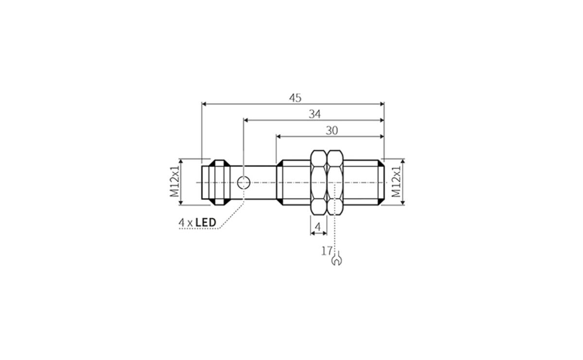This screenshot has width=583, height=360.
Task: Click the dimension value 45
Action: (x=295, y=98)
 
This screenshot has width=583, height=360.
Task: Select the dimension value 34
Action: (x=314, y=114)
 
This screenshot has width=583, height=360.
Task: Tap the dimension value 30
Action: (x=332, y=130)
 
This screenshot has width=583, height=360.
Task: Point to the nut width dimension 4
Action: (x=318, y=226)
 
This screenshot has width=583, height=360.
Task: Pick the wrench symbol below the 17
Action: (x=336, y=261)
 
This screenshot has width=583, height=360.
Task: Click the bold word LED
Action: (x=206, y=223)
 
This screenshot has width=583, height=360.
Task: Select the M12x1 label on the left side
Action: (x=174, y=182)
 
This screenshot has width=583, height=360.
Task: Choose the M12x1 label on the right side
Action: (x=397, y=182)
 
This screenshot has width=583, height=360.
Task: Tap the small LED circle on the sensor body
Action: (x=243, y=183)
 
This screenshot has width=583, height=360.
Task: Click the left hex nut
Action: (x=318, y=183)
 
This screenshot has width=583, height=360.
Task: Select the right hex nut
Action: (x=335, y=183)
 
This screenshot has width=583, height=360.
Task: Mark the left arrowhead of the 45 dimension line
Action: (x=204, y=103)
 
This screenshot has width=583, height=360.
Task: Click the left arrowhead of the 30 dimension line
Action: (x=279, y=136)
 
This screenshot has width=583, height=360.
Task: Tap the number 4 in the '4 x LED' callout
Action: (x=181, y=223)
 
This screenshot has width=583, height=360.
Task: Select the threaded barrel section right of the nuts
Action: (x=364, y=183)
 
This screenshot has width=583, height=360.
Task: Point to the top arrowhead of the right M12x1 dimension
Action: (x=403, y=162)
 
